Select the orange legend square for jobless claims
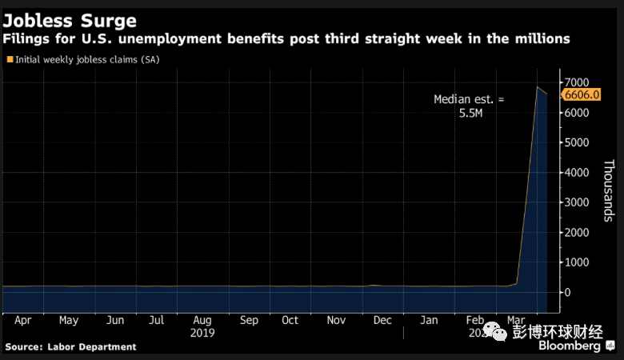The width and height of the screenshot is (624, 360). coord(9,59)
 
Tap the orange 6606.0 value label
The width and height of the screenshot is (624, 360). coord(582,95)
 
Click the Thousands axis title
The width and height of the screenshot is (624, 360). coord(608,190)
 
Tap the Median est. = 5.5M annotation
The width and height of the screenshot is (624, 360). coord(470,106)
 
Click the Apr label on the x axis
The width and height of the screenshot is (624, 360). coord(22,319)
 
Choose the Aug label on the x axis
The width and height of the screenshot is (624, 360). coord(202,319)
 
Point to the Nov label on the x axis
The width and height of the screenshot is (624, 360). coord(336,319)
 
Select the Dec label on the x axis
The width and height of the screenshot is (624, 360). coord(382,319)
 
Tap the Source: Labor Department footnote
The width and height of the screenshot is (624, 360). coord(70,346)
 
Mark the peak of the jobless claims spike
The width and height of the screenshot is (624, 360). coord(538,86)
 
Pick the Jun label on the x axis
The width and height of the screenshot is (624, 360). coord(115,319)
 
